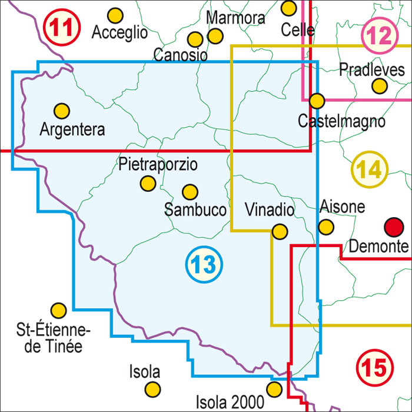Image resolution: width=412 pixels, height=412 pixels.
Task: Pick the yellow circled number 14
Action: pyautogui.click(x=370, y=171)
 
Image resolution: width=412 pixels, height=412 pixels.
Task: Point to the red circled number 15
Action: pyautogui.click(x=373, y=369)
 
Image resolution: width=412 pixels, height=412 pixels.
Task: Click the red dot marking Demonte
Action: pyautogui.click(x=393, y=226)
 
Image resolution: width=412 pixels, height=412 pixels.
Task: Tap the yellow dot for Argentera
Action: pyautogui.click(x=62, y=110)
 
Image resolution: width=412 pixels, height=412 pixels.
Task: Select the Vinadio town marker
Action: pyautogui.click(x=280, y=232)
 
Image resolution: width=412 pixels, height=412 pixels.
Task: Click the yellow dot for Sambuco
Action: pyautogui.click(x=190, y=192)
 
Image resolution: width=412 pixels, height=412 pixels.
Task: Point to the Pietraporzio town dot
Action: pyautogui.click(x=147, y=184)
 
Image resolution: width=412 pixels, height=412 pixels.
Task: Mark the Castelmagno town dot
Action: pyautogui.click(x=317, y=101)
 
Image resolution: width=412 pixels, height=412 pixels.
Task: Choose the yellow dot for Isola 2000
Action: pyautogui.click(x=274, y=389)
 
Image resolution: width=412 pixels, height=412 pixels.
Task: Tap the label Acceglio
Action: pyautogui.click(x=119, y=33)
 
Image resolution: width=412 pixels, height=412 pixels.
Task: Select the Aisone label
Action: pyautogui.click(x=342, y=207)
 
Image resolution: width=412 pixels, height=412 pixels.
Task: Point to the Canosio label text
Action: pyautogui.click(x=181, y=56)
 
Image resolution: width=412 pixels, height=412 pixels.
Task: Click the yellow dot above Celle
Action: pyautogui.click(x=288, y=8)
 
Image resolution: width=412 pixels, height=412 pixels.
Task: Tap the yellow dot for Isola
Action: pyautogui.click(x=153, y=389)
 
